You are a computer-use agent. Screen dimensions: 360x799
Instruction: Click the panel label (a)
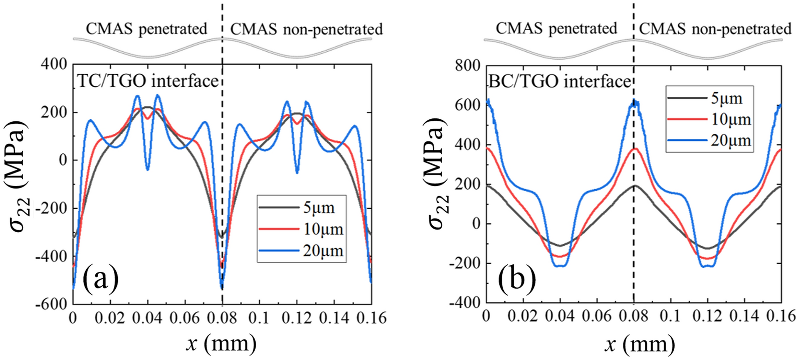coord(101,279)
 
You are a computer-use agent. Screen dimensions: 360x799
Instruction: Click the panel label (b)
coord(516,278)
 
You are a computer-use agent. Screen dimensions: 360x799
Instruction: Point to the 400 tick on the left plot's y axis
coord(55,64)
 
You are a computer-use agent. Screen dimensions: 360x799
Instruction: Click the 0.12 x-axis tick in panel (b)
coord(709,316)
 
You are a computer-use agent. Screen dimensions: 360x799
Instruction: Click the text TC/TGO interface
coord(148,81)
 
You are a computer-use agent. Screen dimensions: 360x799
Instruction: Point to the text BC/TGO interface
coord(559,81)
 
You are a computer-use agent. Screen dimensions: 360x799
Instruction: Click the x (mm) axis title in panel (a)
coord(221,344)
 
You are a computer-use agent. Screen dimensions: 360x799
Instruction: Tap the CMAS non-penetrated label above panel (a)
coord(306,29)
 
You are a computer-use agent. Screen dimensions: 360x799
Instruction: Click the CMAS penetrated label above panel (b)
coord(556,28)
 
